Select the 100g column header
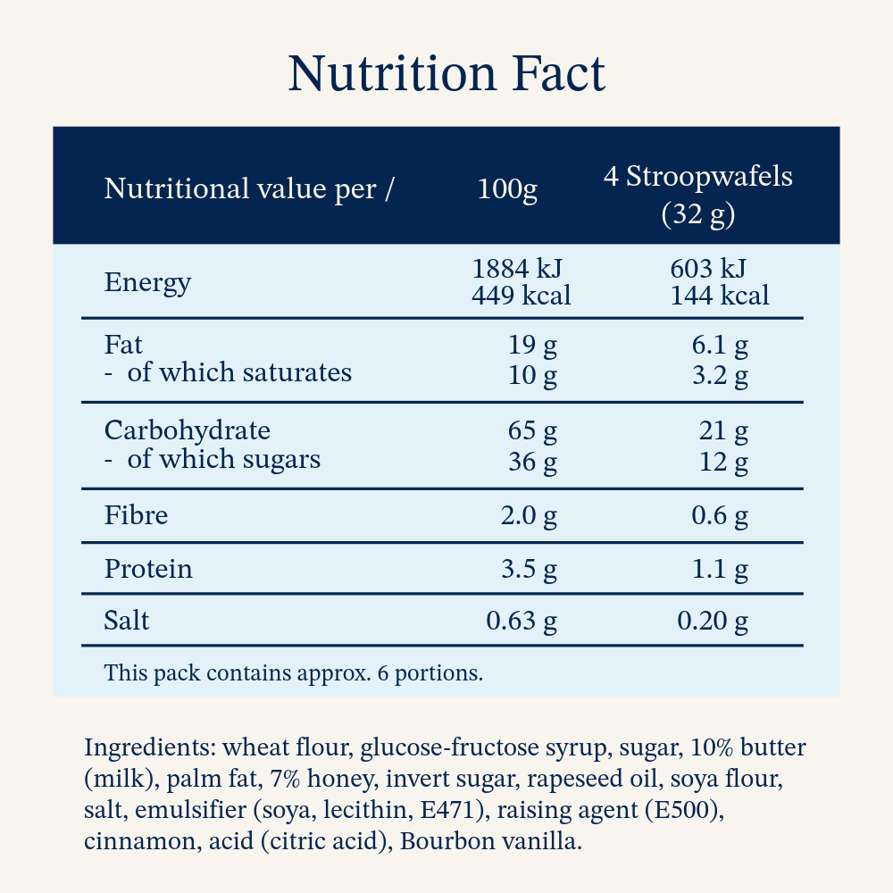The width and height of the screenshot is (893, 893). pyautogui.click(x=507, y=189)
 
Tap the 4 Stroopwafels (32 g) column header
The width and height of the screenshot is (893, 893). pyautogui.click(x=698, y=195)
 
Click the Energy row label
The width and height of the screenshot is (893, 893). pyautogui.click(x=147, y=283)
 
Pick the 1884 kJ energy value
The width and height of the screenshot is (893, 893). pyautogui.click(x=517, y=269)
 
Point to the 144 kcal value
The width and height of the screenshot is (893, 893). pyautogui.click(x=719, y=296)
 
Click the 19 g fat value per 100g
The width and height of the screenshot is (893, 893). pyautogui.click(x=532, y=345)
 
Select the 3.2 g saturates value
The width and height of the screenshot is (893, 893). pyautogui.click(x=720, y=376)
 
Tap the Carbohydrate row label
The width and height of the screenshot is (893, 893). pyautogui.click(x=188, y=430)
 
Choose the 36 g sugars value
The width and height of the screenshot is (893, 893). pyautogui.click(x=532, y=462)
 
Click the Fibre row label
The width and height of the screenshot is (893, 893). pyautogui.click(x=136, y=515)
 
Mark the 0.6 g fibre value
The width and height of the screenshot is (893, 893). pyautogui.click(x=720, y=516)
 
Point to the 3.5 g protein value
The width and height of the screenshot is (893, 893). pyautogui.click(x=529, y=570)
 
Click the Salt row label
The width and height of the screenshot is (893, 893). pyautogui.click(x=127, y=621)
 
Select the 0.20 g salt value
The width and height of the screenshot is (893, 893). pyautogui.click(x=713, y=621)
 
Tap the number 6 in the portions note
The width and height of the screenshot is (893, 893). pyautogui.click(x=383, y=673)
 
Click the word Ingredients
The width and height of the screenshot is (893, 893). pyautogui.click(x=150, y=747)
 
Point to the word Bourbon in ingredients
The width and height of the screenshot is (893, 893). pyautogui.click(x=443, y=841)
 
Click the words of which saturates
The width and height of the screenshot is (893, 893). pyautogui.click(x=239, y=372)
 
